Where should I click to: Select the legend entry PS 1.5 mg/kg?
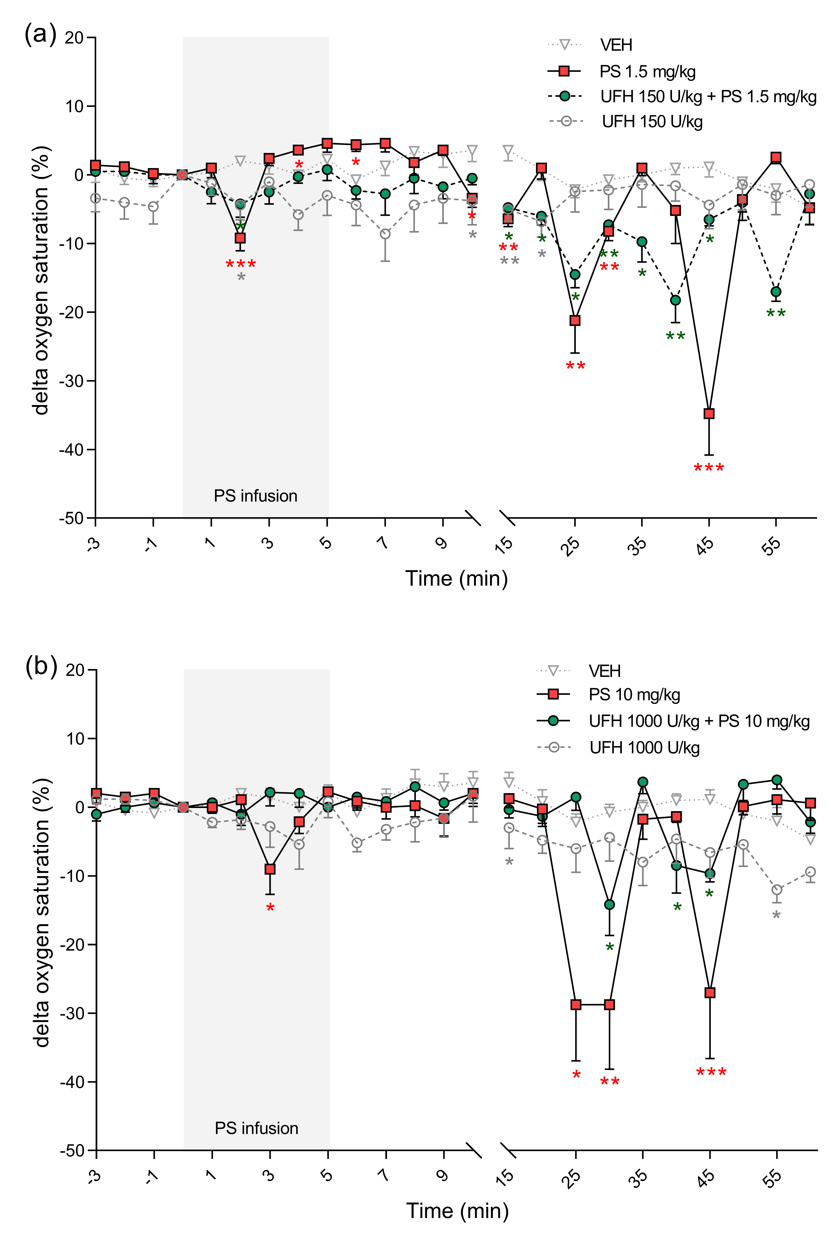[x=647, y=71]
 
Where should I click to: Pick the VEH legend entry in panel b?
[x=604, y=671]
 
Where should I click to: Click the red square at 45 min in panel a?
[x=709, y=414]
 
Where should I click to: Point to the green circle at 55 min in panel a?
[x=776, y=292]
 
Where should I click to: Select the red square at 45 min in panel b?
[x=710, y=993]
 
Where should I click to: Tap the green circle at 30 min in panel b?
[x=610, y=904]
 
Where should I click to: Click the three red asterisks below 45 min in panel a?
[x=709, y=468]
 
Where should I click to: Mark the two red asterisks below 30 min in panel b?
[x=610, y=1082]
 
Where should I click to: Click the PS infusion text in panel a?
[x=255, y=496]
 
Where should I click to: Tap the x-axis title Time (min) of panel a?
[x=456, y=579]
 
